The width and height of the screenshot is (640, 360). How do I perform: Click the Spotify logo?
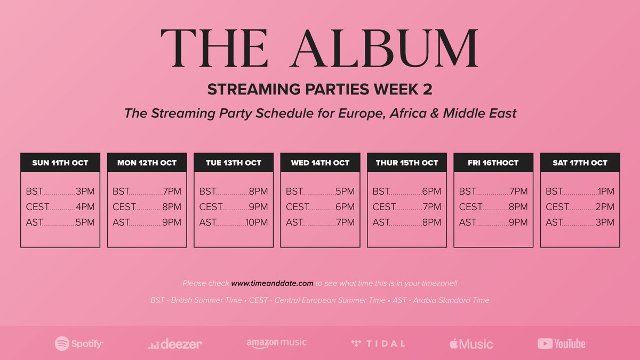[79, 343]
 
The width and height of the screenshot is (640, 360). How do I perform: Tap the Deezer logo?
[175, 344]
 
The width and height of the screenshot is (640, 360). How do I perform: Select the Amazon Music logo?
[276, 343]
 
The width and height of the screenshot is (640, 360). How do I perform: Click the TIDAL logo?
[378, 343]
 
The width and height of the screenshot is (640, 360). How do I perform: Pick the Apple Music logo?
[471, 343]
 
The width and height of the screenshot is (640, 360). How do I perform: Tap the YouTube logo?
[561, 343]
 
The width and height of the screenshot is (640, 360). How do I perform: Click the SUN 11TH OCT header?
[60, 163]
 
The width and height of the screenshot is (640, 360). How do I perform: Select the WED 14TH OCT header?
[320, 163]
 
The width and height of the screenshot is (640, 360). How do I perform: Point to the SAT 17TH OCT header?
[580, 163]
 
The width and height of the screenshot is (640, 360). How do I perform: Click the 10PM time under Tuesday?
[257, 222]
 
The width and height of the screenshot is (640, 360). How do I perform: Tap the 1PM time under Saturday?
[606, 191]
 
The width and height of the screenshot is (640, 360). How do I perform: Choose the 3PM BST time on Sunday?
[85, 191]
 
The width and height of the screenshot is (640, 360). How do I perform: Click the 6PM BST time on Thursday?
[431, 191]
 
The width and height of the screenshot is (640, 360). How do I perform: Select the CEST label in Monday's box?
[124, 206]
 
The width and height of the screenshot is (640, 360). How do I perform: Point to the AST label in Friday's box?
[467, 222]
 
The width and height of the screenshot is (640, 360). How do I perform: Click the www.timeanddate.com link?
[272, 283]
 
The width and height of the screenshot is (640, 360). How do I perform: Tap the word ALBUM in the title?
[385, 48]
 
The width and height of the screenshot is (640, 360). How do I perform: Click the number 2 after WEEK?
[427, 89]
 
